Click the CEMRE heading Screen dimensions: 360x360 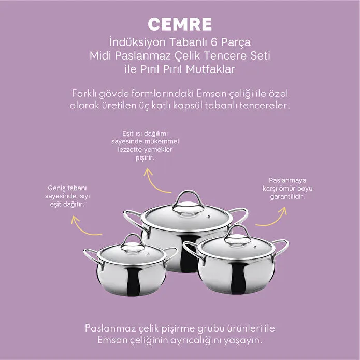(180, 24)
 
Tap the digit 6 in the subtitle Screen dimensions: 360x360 (214, 42)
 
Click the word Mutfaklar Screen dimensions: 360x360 (210, 69)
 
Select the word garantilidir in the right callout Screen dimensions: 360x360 (287, 197)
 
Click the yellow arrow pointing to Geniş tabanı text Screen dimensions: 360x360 (85, 226)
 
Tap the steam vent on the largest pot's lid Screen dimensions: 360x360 (209, 217)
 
